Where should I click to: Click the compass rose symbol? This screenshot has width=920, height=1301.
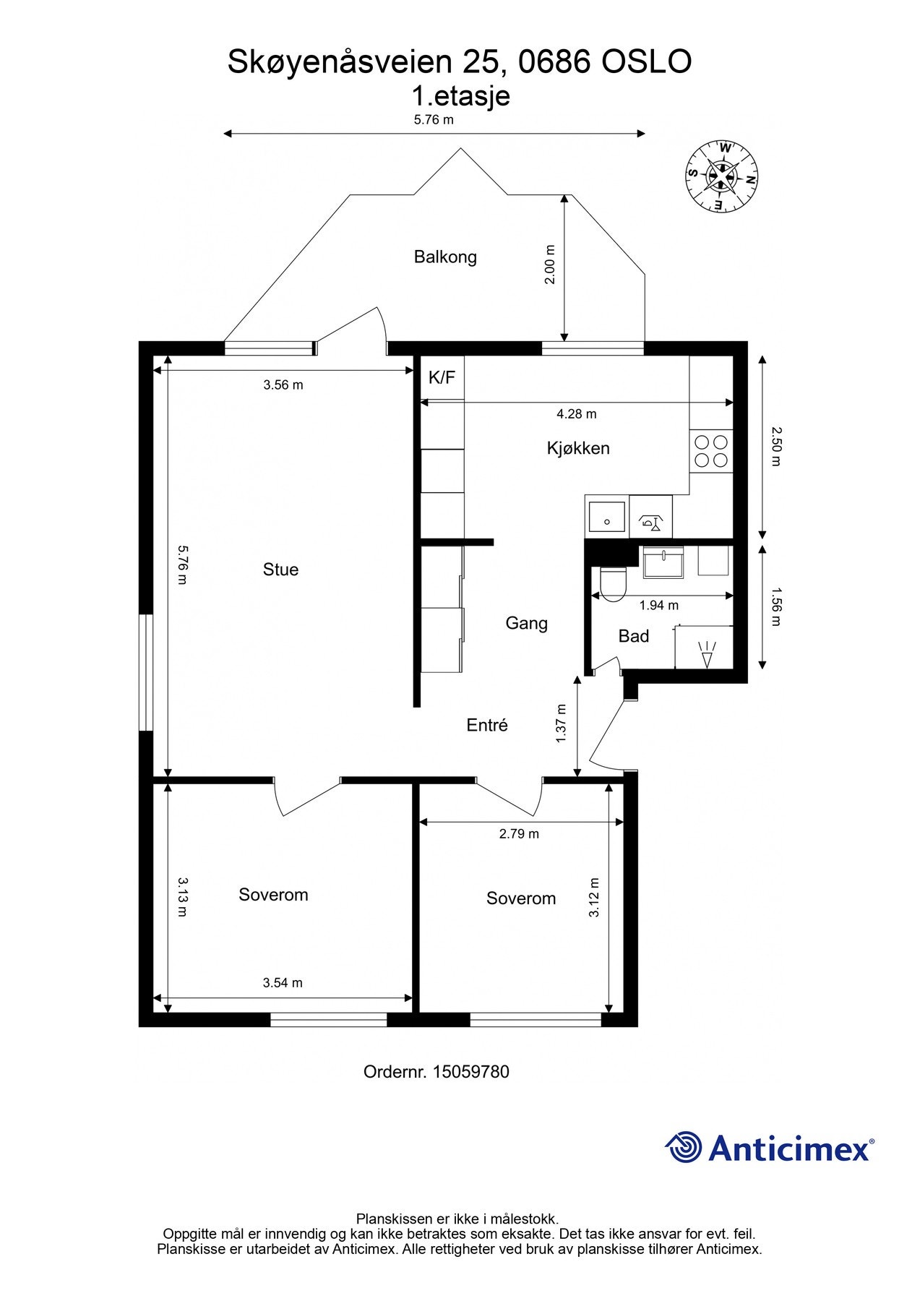[x=722, y=176]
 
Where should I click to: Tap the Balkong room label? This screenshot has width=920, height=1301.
[x=445, y=257]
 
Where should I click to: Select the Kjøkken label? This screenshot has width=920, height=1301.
[x=578, y=448]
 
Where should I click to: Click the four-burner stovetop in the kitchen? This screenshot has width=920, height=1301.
[x=711, y=451]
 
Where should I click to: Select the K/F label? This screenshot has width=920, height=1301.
[x=442, y=377]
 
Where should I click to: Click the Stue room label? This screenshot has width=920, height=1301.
[x=280, y=570]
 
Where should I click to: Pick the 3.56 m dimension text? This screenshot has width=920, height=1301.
[x=283, y=385]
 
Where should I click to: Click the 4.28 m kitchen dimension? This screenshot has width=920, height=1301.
[x=577, y=414]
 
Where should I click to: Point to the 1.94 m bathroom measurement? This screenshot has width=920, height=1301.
[x=659, y=606]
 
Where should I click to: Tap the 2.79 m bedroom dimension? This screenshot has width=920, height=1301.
[x=519, y=834]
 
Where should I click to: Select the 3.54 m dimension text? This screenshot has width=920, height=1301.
[x=283, y=983]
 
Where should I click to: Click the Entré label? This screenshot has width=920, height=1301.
[x=487, y=725]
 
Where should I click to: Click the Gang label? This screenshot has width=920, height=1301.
[x=526, y=623]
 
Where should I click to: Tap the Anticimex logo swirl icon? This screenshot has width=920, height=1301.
[x=684, y=1147]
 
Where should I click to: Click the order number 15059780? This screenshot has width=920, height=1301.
[x=470, y=1072]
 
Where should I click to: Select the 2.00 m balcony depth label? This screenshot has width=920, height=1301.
[x=550, y=264]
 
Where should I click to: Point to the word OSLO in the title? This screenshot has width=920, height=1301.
[x=647, y=62]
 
